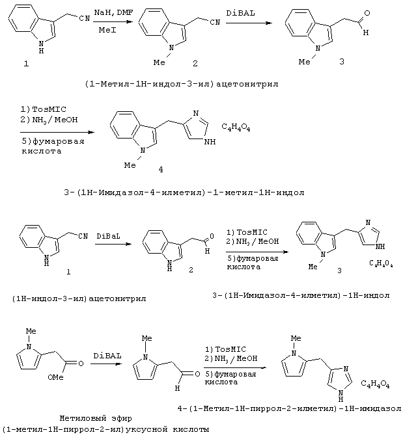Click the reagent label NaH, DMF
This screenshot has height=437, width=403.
[x=113, y=12]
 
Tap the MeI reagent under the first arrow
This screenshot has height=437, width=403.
[x=107, y=30]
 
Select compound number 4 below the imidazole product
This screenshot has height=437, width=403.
[x=161, y=169]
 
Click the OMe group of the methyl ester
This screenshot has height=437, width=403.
[x=56, y=377]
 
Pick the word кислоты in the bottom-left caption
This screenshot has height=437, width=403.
[x=191, y=429]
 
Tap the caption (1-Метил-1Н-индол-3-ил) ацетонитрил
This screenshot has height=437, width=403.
[x=182, y=84]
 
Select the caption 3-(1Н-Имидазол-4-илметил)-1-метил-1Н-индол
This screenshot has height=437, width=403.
[x=184, y=192]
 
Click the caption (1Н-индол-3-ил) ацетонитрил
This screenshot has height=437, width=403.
[x=79, y=298]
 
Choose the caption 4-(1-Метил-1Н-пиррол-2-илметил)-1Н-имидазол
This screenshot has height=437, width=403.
[x=290, y=408]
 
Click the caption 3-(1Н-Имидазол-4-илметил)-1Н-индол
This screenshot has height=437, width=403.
[x=301, y=295]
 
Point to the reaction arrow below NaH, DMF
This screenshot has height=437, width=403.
[x=113, y=21]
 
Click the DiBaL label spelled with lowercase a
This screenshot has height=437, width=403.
[x=108, y=236]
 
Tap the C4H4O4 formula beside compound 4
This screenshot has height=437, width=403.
[x=236, y=127]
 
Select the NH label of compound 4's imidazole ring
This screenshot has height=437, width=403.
[x=210, y=142]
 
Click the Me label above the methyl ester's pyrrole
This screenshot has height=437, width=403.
[x=31, y=331]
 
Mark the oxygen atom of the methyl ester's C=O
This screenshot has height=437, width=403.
[x=81, y=364]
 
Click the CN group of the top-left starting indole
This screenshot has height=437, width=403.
[x=85, y=18]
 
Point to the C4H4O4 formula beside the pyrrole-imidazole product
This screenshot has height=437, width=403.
[x=375, y=384]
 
